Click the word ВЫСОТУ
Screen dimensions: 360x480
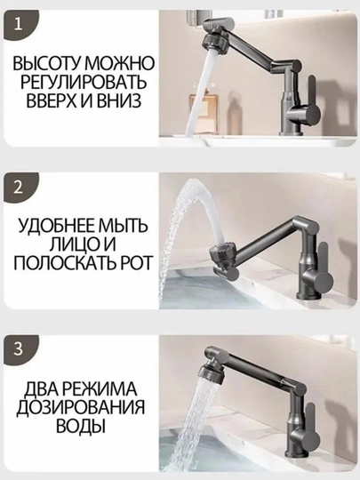[45, 64]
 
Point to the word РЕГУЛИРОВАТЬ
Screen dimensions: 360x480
[84, 82]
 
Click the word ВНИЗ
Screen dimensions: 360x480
[119, 100]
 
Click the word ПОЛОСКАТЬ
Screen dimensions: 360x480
[63, 262]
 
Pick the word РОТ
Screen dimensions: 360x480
[135, 262]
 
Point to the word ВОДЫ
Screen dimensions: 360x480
[81, 426]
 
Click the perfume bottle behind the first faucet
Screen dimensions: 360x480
[201, 100]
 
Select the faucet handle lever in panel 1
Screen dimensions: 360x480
[311, 92]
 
